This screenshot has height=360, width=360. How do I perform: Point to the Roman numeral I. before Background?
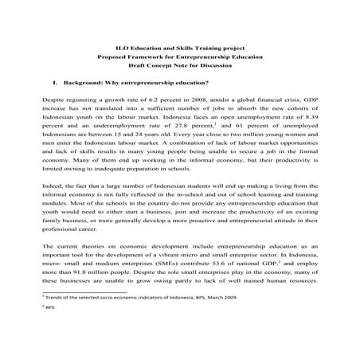pos(52,82)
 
